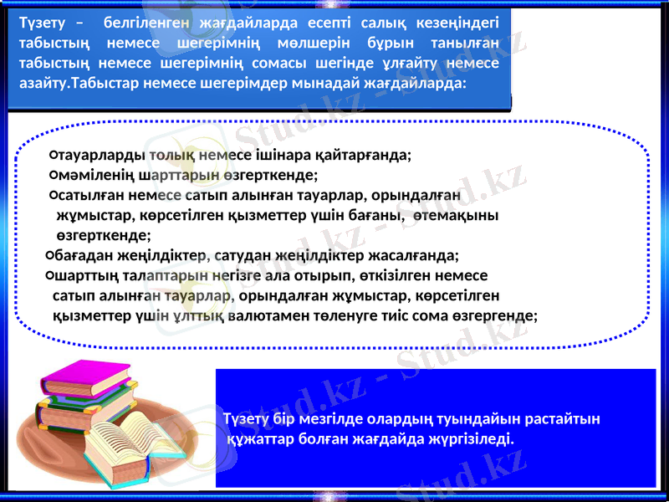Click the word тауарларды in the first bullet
(x=101, y=156)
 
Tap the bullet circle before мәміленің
(x=53, y=175)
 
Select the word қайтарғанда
(x=368, y=156)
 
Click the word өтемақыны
(x=461, y=216)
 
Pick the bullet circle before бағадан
(x=49, y=255)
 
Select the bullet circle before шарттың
(x=49, y=275)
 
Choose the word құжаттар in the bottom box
(x=261, y=438)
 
